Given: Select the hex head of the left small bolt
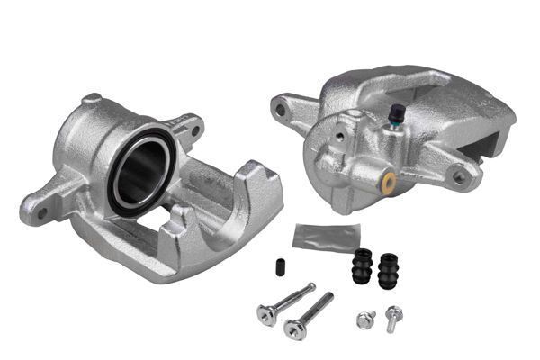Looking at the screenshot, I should (364, 319).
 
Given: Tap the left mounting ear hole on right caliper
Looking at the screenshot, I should (281, 111).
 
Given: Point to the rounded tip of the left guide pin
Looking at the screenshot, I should (312, 287).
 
